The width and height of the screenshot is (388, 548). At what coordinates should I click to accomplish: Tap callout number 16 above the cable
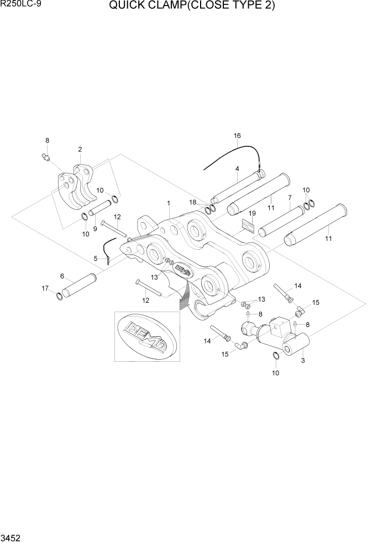click(237, 136)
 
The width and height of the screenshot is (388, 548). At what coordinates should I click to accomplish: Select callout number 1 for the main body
click(169, 203)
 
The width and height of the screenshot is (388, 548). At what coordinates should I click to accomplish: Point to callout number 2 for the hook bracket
click(80, 149)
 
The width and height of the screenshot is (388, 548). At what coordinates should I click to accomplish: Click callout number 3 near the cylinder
click(302, 361)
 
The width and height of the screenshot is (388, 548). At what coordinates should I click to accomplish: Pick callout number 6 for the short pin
click(62, 276)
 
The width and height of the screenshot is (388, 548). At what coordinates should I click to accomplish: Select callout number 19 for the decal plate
click(251, 213)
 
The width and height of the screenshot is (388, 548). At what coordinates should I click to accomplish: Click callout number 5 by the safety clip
click(96, 258)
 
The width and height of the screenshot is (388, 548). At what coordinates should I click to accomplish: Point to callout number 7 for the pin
click(289, 198)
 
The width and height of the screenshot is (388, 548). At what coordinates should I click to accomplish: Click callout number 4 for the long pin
click(237, 169)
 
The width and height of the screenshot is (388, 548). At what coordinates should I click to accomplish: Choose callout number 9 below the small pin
click(95, 229)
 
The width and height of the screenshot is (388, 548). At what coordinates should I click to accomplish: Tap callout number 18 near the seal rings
click(193, 202)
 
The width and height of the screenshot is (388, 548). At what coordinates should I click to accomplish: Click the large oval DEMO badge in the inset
click(147, 336)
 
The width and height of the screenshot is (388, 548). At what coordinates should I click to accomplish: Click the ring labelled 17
click(59, 298)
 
